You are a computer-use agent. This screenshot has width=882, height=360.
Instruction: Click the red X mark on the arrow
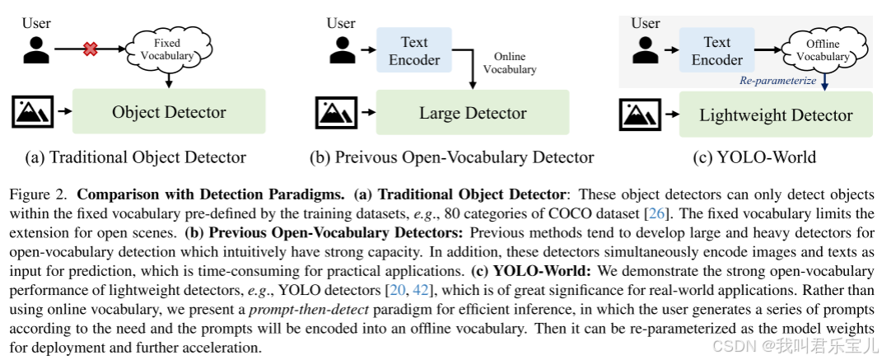(x=91, y=49)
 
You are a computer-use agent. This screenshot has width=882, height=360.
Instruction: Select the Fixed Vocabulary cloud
(x=168, y=49)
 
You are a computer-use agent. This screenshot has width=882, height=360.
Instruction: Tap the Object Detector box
(x=169, y=112)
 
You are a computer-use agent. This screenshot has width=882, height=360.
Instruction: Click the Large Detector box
(x=473, y=113)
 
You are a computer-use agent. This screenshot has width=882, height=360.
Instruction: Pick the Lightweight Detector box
(x=776, y=115)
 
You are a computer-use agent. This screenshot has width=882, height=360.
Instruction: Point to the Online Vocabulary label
(x=509, y=63)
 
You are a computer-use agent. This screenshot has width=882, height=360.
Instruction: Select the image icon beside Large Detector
(x=336, y=113)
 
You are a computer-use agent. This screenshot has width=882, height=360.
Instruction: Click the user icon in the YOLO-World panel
(x=645, y=49)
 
